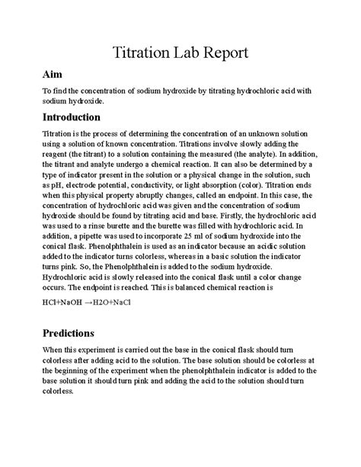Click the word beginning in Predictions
71,370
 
